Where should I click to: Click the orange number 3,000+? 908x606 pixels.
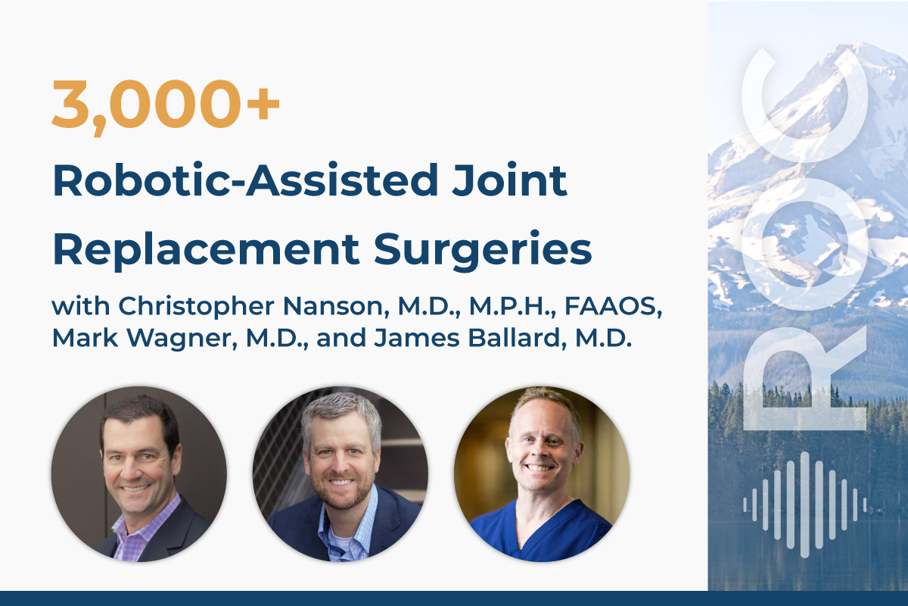166,105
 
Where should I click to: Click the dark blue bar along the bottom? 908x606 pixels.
454,598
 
